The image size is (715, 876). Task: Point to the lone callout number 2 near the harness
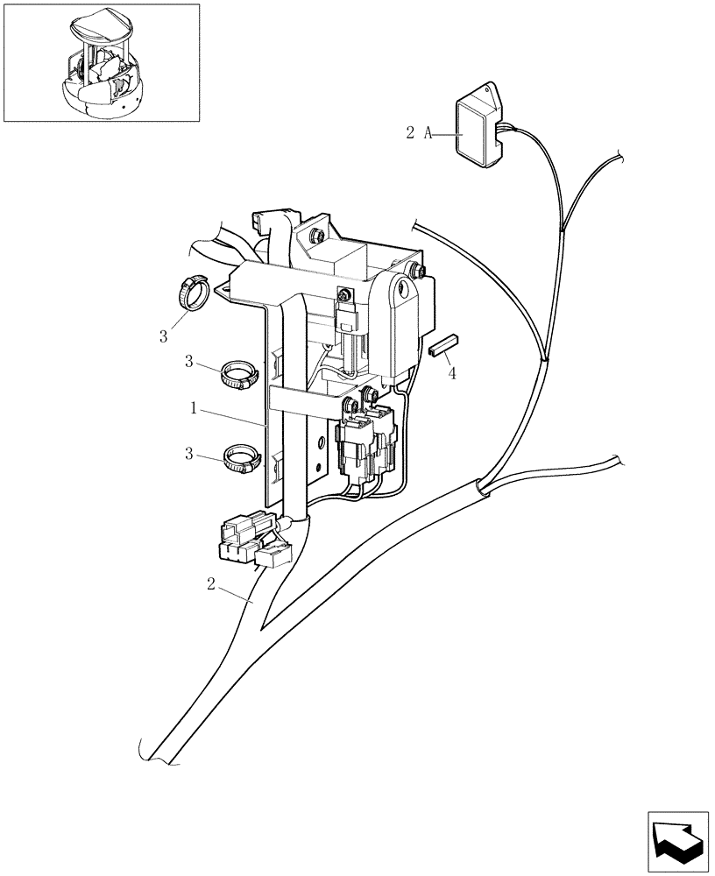210,584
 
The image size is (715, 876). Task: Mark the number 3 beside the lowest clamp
189,455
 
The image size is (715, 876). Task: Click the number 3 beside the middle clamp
189,362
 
